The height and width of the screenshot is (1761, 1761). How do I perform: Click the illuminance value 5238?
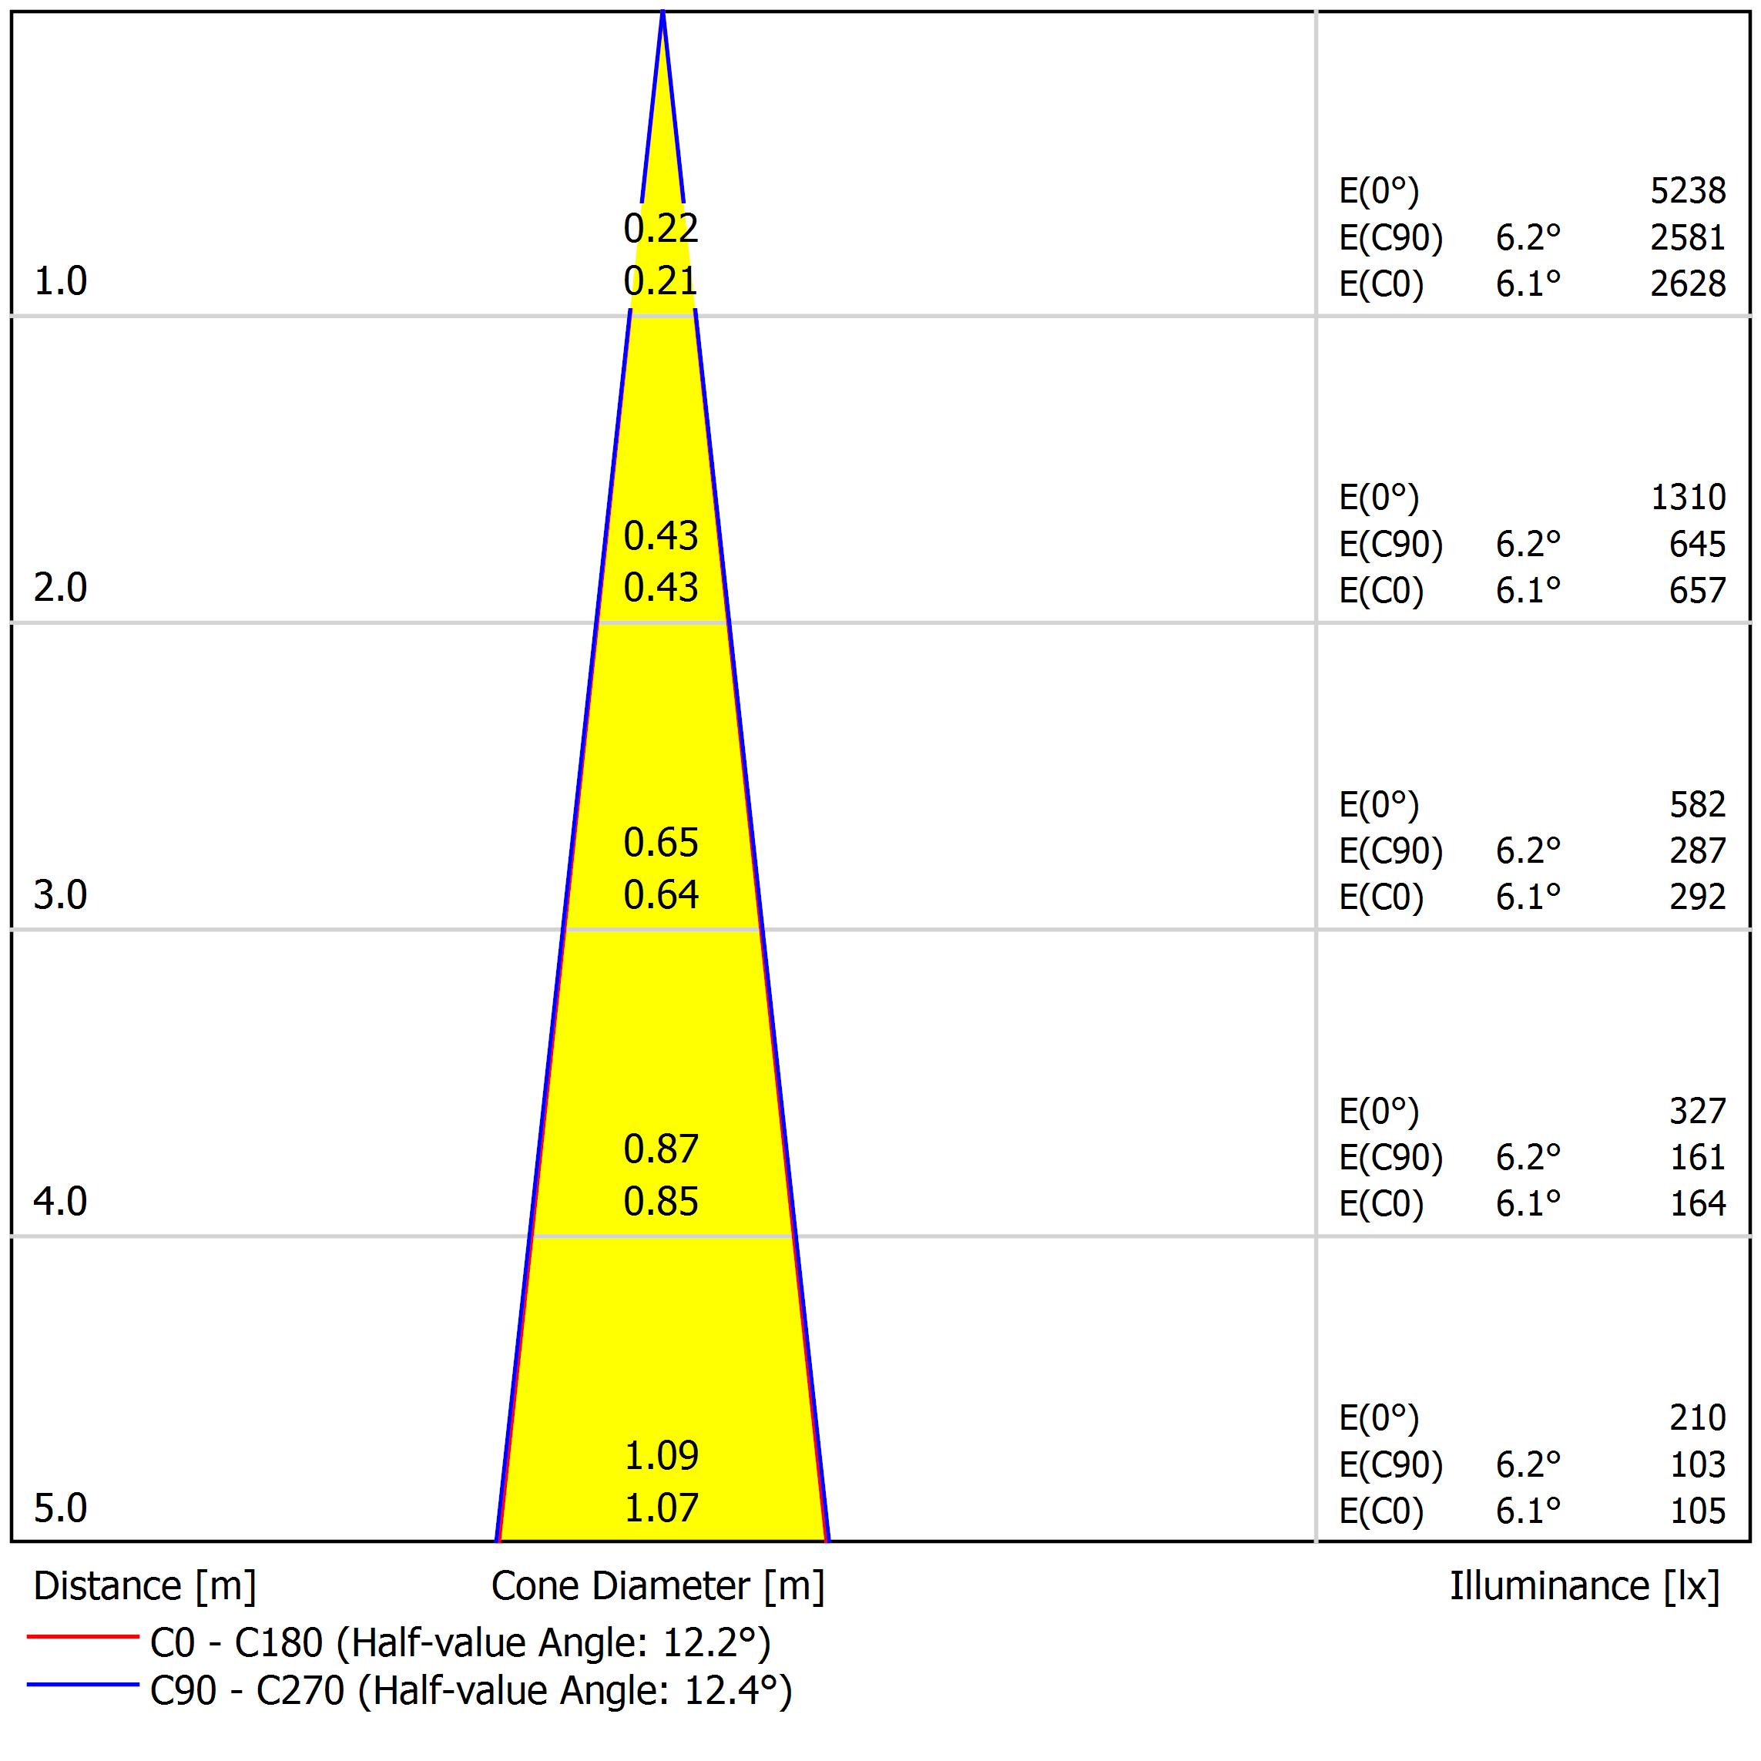point(1687,190)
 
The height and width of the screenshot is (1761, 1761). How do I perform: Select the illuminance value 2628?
point(1687,284)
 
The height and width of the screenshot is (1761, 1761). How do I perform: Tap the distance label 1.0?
point(60,282)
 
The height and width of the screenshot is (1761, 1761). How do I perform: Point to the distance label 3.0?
point(60,895)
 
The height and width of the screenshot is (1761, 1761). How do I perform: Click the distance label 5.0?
point(60,1508)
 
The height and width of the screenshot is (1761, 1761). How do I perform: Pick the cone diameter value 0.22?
point(661,228)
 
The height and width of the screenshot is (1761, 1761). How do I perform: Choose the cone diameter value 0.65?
point(661,842)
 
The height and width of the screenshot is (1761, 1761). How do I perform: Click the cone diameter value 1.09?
point(661,1456)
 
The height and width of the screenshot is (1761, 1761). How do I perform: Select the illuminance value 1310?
point(1687,498)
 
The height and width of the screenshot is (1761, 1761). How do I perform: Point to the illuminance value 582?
point(1697,805)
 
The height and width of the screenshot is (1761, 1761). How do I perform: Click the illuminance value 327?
point(1697,1111)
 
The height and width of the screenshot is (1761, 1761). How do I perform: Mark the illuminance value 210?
point(1697,1417)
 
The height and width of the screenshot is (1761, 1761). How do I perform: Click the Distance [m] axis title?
point(145,1587)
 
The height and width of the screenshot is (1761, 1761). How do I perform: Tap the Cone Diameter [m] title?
point(657,1587)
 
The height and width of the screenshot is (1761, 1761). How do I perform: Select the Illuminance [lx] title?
point(1584,1587)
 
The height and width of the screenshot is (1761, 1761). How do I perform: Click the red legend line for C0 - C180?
point(82,1637)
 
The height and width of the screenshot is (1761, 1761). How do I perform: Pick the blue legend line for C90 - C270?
point(82,1685)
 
